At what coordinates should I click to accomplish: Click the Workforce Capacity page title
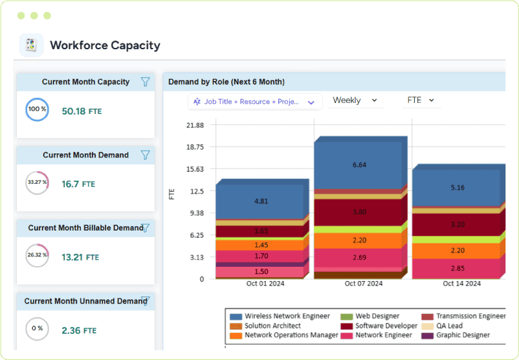point(105,45)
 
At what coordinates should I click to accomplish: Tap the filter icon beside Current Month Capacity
point(146,82)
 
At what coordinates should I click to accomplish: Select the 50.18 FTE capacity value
point(82,111)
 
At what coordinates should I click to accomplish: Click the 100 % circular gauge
point(37,109)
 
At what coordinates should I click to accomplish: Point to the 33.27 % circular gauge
point(37,183)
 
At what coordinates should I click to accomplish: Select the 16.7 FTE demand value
point(78,185)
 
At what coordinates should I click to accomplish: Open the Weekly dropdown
point(355,100)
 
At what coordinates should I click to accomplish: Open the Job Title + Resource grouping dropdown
point(255,102)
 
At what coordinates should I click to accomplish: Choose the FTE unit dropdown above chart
point(421,100)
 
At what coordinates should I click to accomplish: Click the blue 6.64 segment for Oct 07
point(359,165)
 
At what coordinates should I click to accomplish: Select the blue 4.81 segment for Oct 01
point(261,201)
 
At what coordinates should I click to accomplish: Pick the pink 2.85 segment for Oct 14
point(457,268)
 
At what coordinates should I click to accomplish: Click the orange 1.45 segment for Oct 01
point(261,245)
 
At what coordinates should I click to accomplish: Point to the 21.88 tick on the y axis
point(195,125)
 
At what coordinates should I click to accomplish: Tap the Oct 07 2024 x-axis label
point(363,284)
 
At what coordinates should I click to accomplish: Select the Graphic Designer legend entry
point(462,335)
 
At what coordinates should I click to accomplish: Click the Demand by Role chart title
point(226,82)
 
